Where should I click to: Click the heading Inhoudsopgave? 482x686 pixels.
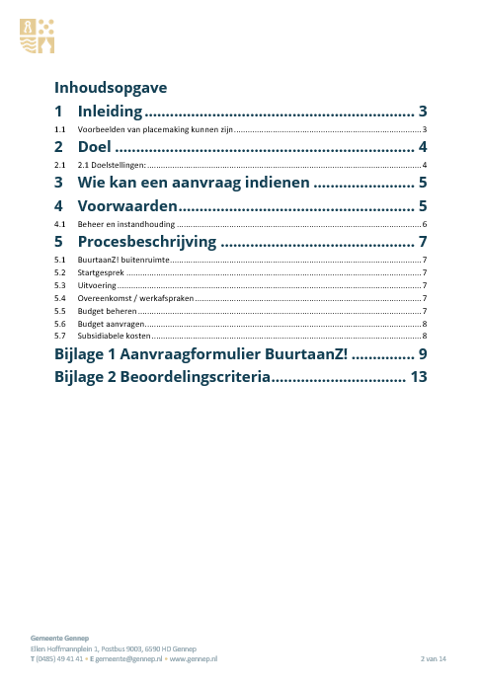coord(110,86)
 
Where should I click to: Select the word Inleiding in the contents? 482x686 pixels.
coord(111,112)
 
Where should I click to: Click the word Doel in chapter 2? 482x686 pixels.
coord(94,147)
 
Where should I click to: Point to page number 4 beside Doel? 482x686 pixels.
coord(422,147)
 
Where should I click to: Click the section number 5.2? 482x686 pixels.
coord(60,271)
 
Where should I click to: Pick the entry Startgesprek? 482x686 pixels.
coord(100,271)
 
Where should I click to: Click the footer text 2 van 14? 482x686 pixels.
coord(434,657)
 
